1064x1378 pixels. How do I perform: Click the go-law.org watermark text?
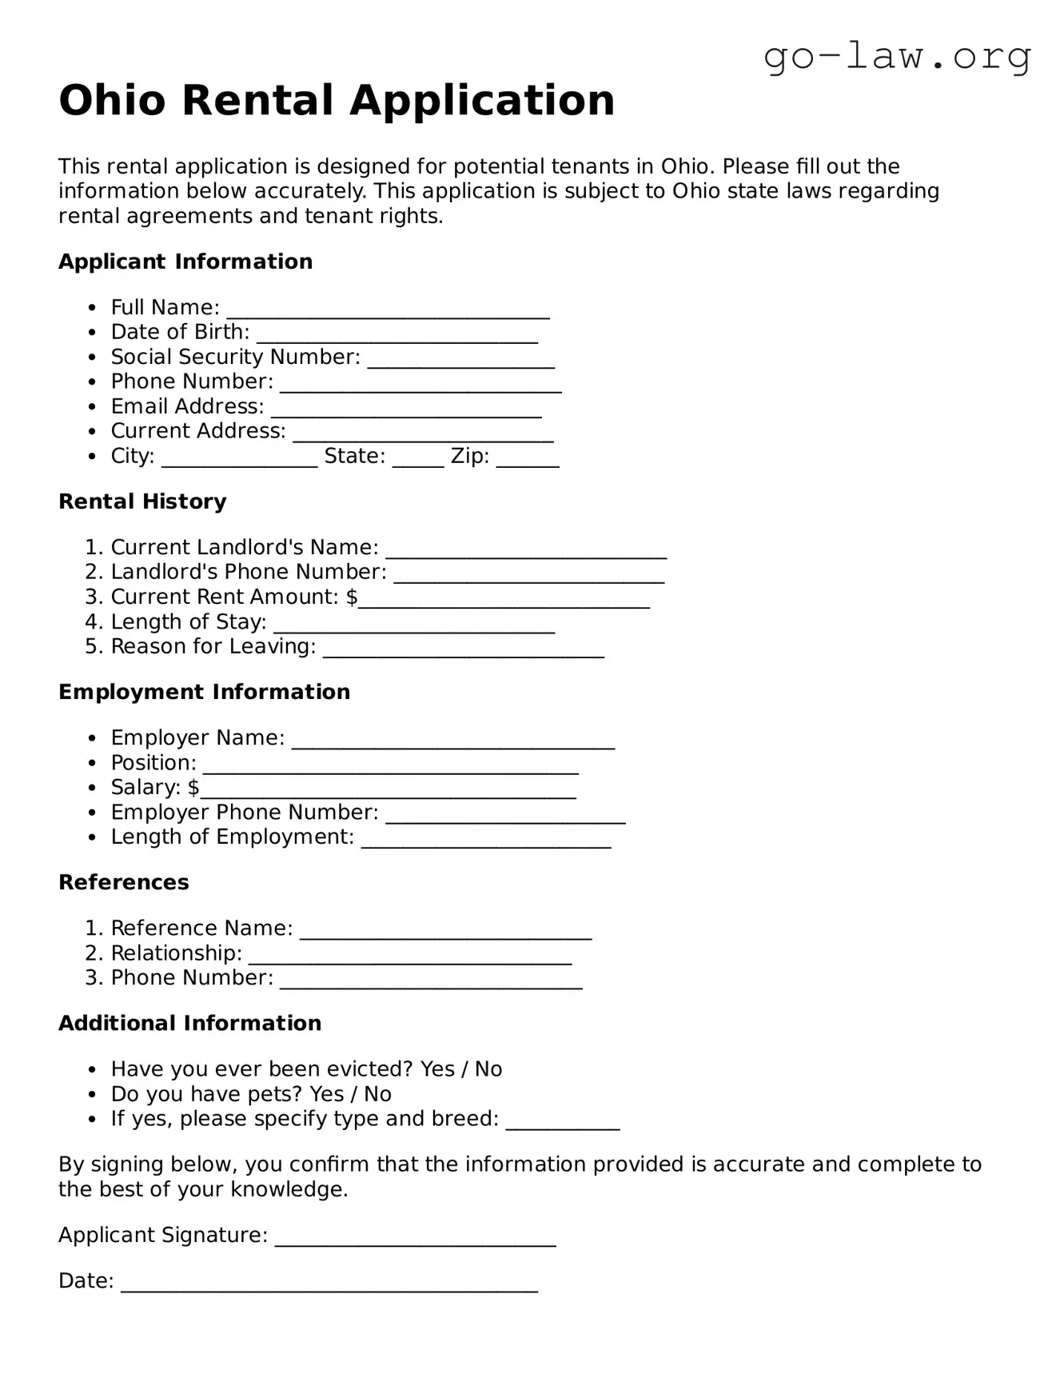[897, 57]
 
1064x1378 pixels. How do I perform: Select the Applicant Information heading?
[185, 262]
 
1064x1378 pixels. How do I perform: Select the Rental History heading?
[142, 501]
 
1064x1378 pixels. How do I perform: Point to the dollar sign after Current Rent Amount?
[352, 597]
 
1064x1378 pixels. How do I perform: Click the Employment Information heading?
[204, 692]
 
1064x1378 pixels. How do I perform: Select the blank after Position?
[390, 766]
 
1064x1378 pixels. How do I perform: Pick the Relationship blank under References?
[409, 957]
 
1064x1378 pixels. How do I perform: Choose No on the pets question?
[377, 1094]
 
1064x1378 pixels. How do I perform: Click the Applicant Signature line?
[415, 1239]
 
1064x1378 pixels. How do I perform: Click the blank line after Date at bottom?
[329, 1284]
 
